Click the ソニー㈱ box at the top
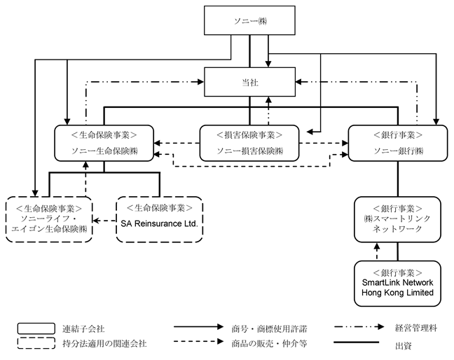pos(249,22)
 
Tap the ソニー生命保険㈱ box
pos(104,143)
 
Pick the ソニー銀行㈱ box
pos(398,143)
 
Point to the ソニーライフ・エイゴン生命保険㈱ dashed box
pos(49,219)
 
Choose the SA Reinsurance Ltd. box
pos(160,219)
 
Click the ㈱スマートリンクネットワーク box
pos(398,219)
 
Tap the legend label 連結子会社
pos(91,327)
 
